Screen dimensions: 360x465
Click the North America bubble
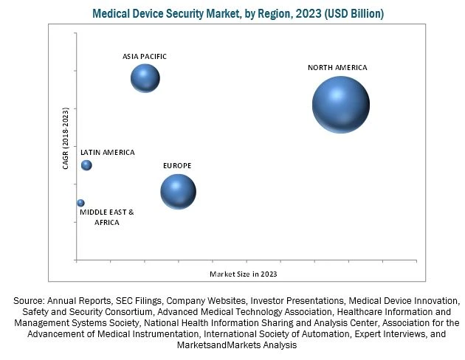click(340, 105)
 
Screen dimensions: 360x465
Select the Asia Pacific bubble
click(145, 78)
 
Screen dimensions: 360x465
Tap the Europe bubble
click(178, 192)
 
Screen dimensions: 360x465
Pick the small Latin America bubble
click(86, 165)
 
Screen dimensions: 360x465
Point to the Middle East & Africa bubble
click(80, 203)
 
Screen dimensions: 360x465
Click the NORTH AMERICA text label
click(337, 68)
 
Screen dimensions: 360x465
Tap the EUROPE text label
click(177, 166)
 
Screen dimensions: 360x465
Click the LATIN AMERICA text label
click(108, 153)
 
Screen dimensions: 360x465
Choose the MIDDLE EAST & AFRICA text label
click(107, 217)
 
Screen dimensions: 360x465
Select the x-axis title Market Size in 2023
click(243, 274)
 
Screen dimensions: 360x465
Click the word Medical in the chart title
click(113, 14)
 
